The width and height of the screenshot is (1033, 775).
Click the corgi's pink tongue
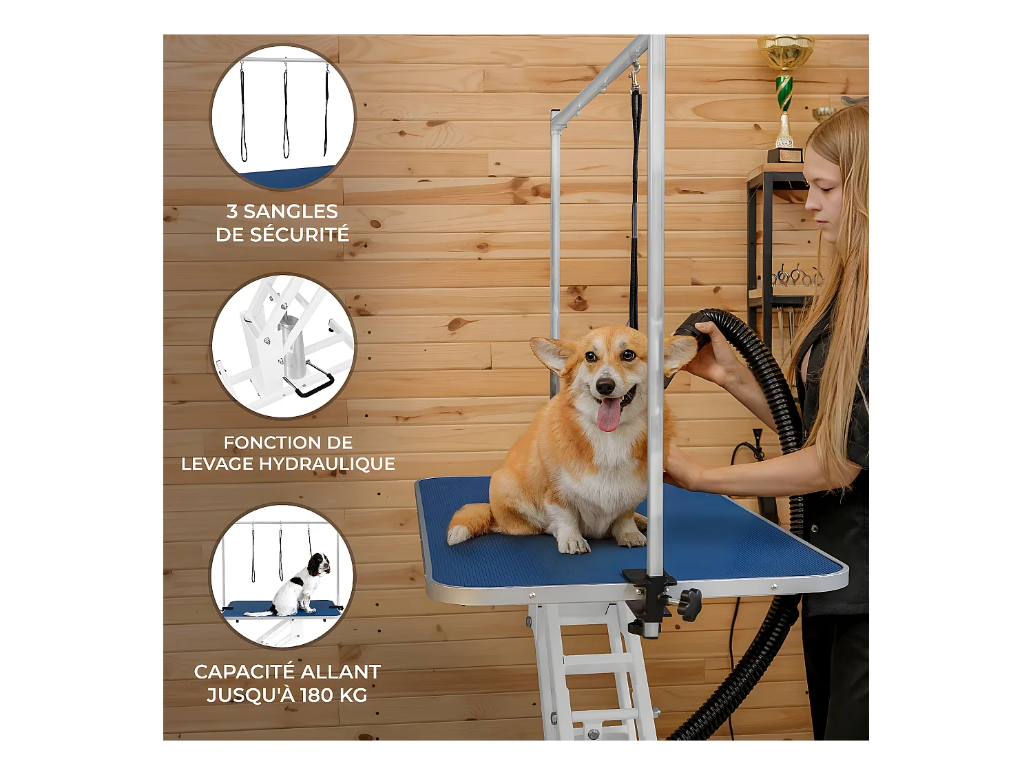pyautogui.click(x=609, y=415)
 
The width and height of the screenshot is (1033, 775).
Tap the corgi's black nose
pyautogui.click(x=605, y=386)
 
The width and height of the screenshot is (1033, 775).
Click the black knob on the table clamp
pyautogui.click(x=689, y=604)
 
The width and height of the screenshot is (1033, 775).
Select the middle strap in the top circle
pyautogui.click(x=286, y=111)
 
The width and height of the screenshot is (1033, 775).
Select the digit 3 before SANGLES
pyautogui.click(x=232, y=211)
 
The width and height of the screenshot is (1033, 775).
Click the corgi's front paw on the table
pyautogui.click(x=573, y=545)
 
